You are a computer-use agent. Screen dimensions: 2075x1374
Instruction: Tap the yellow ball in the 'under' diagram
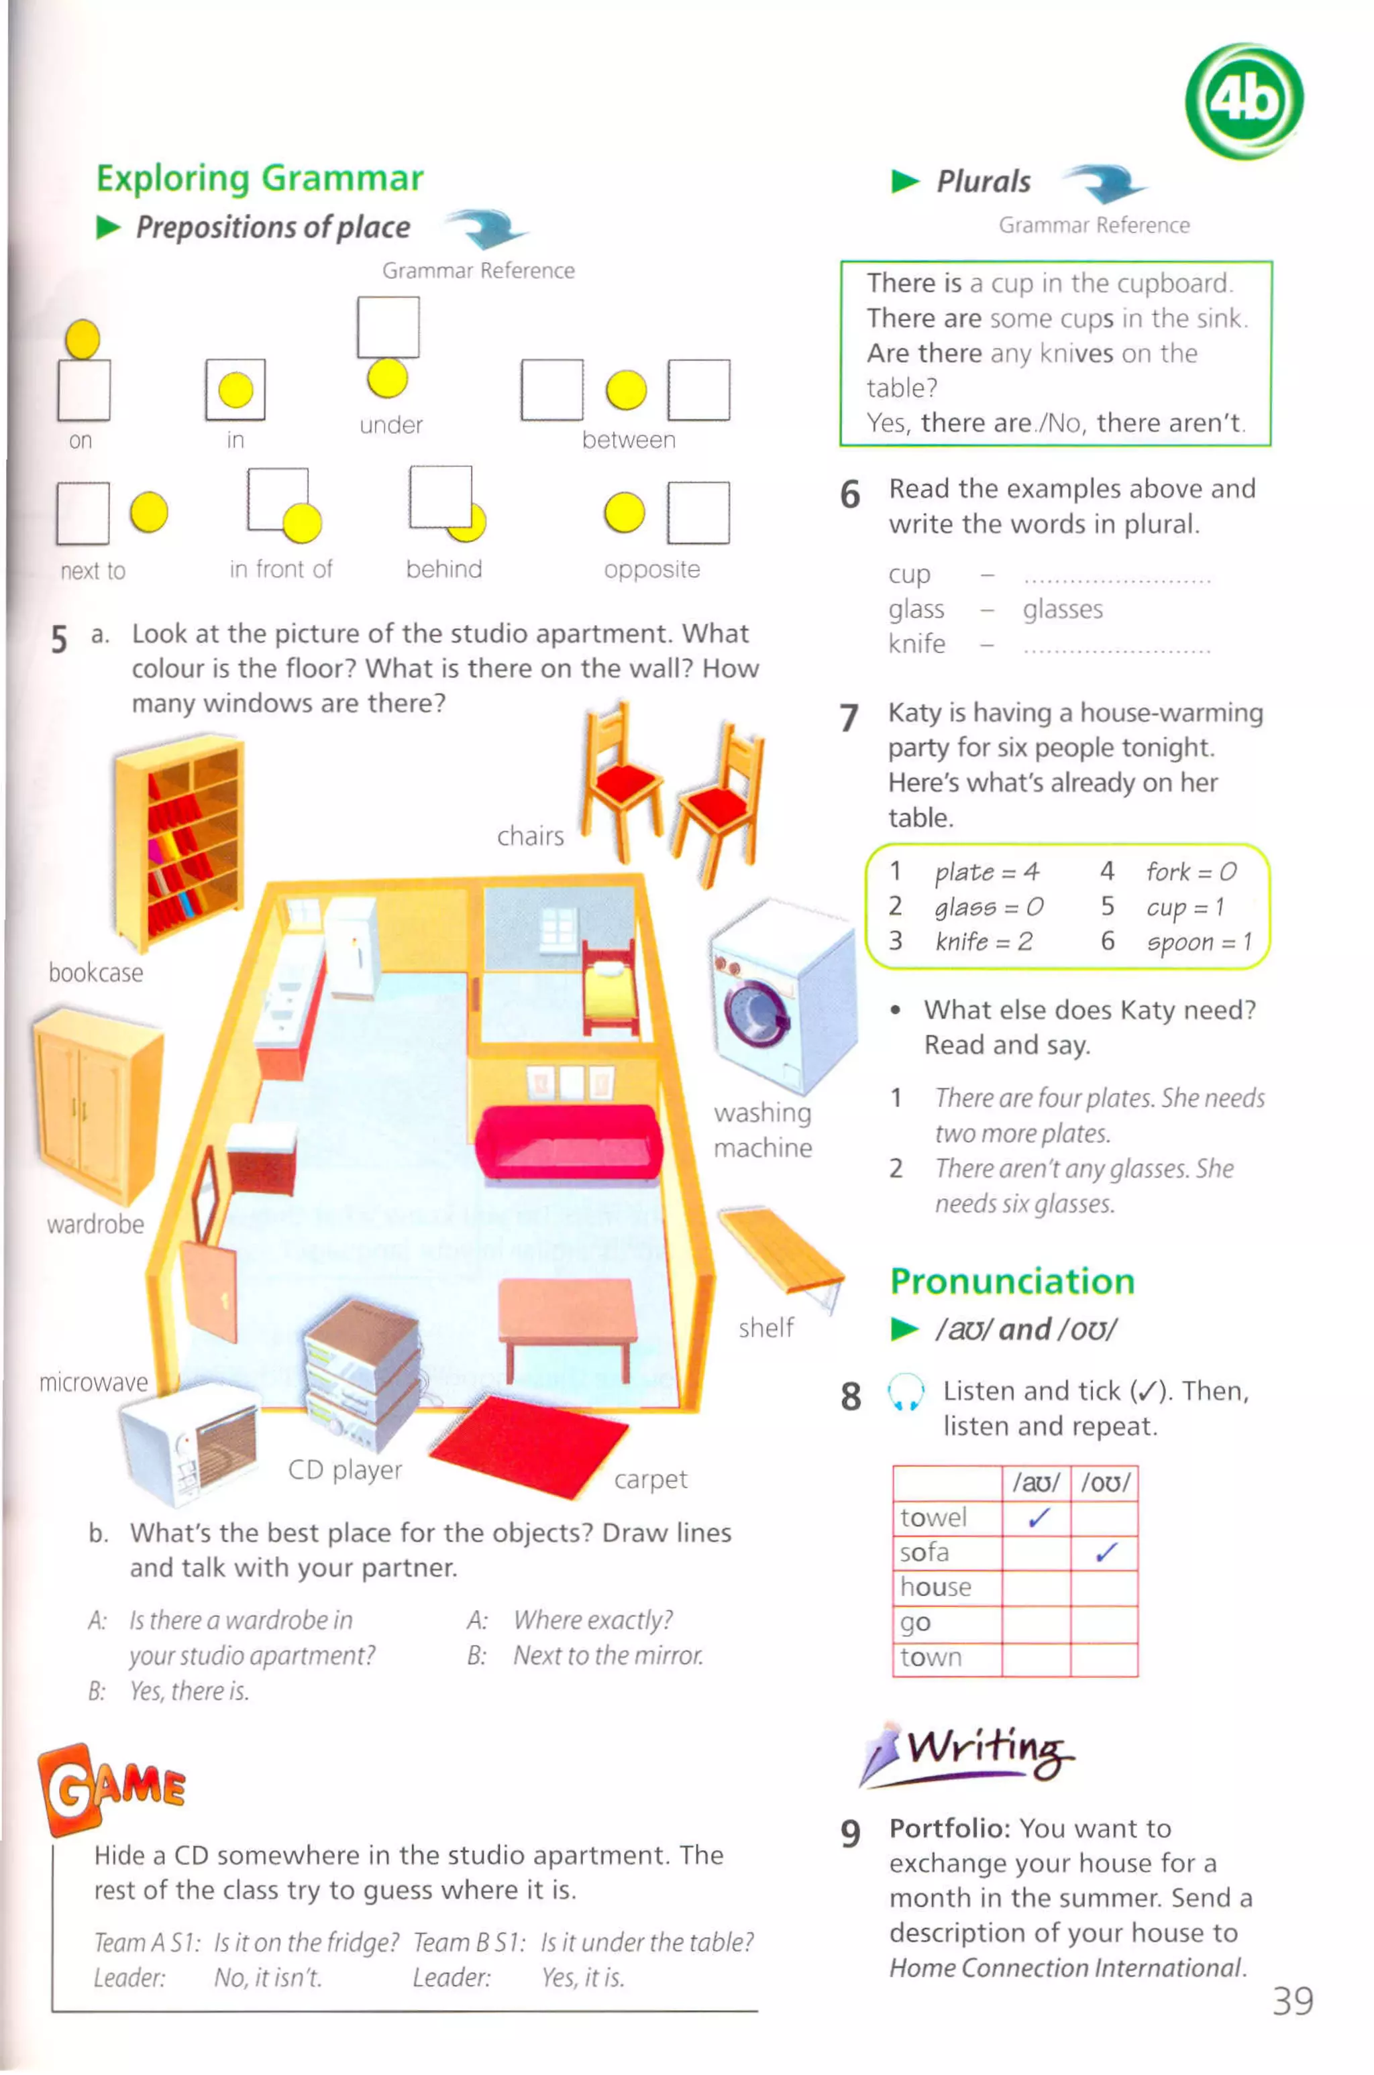(x=387, y=378)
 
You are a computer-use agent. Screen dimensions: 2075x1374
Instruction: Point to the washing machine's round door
(x=752, y=1011)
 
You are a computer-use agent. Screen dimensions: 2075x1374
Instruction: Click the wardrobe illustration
(x=97, y=1104)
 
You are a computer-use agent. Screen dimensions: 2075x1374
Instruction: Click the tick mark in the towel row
(x=1039, y=1518)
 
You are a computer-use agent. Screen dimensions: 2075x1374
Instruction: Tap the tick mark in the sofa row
(x=1106, y=1553)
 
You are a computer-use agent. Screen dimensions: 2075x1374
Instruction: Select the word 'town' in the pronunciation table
(x=931, y=1658)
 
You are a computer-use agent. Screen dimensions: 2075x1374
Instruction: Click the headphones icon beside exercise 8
(x=905, y=1392)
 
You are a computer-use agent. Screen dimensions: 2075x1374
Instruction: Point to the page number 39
(x=1293, y=2001)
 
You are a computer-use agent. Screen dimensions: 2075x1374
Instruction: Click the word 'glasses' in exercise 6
(x=1063, y=610)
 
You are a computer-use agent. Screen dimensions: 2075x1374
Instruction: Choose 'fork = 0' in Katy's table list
(x=1191, y=872)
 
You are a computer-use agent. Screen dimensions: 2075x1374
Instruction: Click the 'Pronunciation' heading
(x=1012, y=1282)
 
